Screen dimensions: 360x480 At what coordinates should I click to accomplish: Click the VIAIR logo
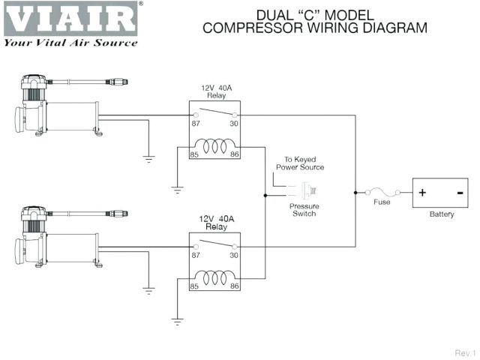pyautogui.click(x=71, y=19)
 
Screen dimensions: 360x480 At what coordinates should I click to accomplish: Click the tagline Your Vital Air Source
pyautogui.click(x=71, y=43)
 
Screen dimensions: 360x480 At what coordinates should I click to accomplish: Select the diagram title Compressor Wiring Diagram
pyautogui.click(x=315, y=28)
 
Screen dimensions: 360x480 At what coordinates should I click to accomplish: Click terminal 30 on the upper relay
pyautogui.click(x=233, y=124)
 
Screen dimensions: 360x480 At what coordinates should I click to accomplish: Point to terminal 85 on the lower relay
pyautogui.click(x=194, y=286)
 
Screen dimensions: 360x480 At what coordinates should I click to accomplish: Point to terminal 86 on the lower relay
pyautogui.click(x=234, y=286)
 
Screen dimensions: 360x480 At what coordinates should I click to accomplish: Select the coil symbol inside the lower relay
pyautogui.click(x=214, y=279)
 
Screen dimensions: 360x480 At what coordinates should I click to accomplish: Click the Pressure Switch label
pyautogui.click(x=304, y=209)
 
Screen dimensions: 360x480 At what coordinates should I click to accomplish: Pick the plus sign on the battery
pyautogui.click(x=422, y=193)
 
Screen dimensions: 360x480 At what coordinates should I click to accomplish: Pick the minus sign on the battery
pyautogui.click(x=458, y=193)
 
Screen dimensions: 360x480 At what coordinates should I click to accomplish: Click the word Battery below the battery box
pyautogui.click(x=442, y=214)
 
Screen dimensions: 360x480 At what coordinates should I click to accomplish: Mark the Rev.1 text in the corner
pyautogui.click(x=465, y=352)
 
